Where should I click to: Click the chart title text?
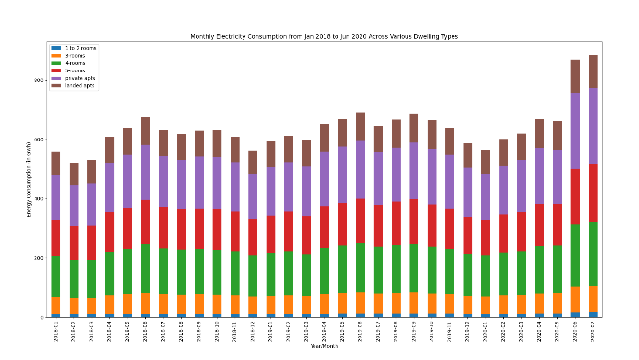coord(324,36)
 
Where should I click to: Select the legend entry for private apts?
coord(80,78)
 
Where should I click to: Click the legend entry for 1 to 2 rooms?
coord(81,48)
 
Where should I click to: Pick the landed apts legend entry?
coord(80,86)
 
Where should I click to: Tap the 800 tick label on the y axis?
coord(39,80)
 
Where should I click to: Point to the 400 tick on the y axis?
coord(39,199)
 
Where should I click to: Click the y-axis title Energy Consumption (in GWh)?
coord(29,180)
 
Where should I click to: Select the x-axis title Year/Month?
coord(324,346)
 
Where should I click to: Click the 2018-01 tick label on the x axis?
coord(56,331)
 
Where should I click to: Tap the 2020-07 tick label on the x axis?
coord(593,331)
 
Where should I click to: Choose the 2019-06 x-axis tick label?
coord(360,331)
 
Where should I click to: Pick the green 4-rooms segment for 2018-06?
coord(146,268)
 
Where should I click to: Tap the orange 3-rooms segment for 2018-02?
coord(74,306)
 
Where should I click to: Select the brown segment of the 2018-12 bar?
coord(253,162)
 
